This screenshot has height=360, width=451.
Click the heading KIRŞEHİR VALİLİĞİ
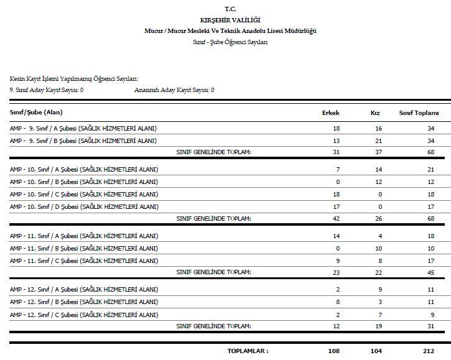tap(231, 21)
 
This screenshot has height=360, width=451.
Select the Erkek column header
tap(330, 113)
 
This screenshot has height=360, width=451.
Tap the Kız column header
tap(374, 113)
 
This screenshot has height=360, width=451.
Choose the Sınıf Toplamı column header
tap(419, 113)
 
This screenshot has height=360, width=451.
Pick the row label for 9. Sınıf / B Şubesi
tap(83, 141)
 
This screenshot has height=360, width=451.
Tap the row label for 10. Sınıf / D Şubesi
tap(84, 206)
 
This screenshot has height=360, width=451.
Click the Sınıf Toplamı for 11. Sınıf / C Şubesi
tap(430, 261)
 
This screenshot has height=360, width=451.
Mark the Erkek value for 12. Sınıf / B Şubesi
tap(337, 302)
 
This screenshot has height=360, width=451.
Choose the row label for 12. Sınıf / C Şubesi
tap(84, 315)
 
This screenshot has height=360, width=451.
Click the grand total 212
tap(429, 351)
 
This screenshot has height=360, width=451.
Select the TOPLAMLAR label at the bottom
tap(248, 351)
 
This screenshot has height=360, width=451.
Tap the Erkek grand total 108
tap(333, 351)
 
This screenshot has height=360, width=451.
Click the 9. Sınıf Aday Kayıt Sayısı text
tap(47, 90)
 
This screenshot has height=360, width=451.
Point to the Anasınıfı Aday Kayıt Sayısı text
tap(174, 90)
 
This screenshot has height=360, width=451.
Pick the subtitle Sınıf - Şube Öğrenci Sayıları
tap(230, 42)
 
